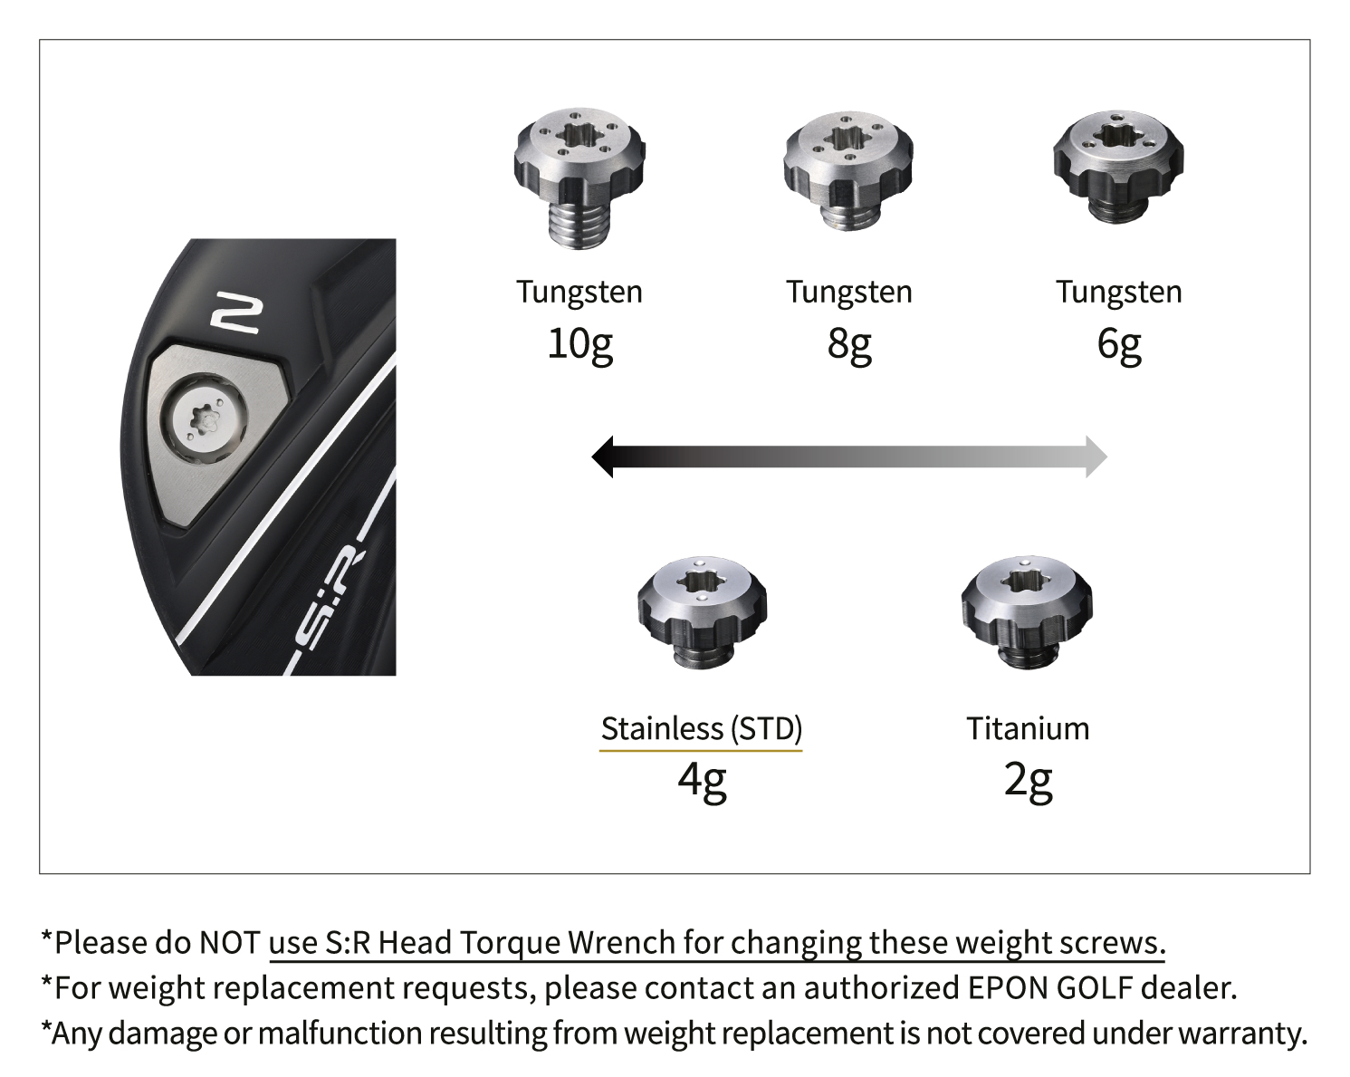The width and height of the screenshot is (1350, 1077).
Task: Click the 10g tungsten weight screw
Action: [579, 178]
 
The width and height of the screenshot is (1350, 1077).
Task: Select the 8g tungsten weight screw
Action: [848, 171]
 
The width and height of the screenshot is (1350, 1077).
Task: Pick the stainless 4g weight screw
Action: [702, 612]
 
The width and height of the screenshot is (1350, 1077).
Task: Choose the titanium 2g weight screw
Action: [1026, 612]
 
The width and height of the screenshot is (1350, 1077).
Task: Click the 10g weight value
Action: [579, 345]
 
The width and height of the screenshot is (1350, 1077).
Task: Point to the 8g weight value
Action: [848, 345]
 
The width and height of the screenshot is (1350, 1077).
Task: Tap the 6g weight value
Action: [1118, 345]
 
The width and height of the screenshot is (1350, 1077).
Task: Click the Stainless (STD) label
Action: [702, 729]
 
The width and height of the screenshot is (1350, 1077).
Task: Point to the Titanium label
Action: [1028, 728]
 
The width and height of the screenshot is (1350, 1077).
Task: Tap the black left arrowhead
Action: [602, 457]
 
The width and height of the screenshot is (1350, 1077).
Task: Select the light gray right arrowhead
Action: [1096, 457]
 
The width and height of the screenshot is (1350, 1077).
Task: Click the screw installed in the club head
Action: [203, 418]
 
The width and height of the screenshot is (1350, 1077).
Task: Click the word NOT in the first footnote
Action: [229, 943]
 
